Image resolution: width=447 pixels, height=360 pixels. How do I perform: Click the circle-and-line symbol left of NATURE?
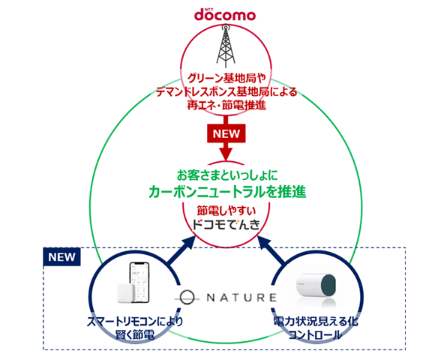tap(189, 297)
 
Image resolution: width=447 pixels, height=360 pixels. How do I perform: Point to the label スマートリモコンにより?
tap(137, 322)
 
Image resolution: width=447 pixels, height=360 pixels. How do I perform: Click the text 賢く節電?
tap(137, 335)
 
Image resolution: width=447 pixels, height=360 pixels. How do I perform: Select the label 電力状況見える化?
tap(314, 322)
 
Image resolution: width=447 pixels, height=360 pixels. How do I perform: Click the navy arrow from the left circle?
tap(174, 253)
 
